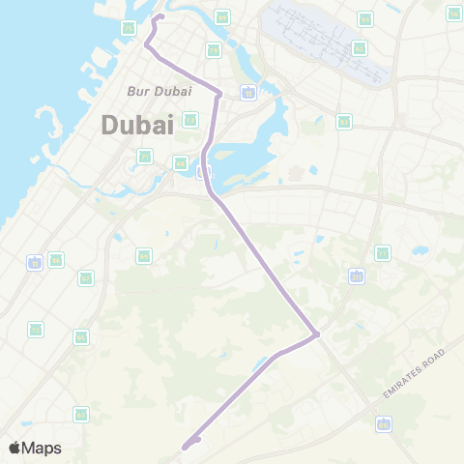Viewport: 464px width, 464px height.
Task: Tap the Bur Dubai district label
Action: pos(159,91)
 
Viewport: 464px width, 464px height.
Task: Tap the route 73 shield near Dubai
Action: pos(190,120)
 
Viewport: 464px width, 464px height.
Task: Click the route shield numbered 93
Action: pos(365,19)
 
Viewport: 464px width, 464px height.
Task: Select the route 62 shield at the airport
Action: pos(360,48)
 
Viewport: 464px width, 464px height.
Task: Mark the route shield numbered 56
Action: pos(56,259)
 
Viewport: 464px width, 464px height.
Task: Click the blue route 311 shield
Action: pos(357,276)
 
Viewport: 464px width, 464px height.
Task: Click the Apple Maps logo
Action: pos(36,448)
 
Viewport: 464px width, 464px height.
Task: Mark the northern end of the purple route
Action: pos(160,16)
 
